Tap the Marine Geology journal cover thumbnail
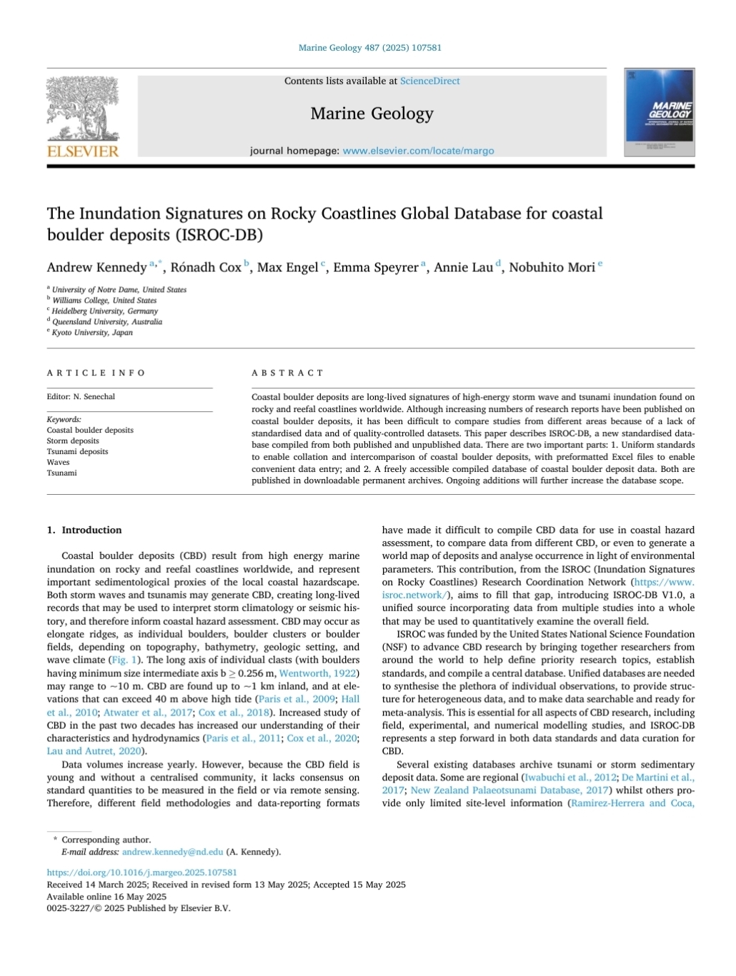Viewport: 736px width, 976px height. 659,113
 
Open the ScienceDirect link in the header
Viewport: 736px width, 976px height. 429,81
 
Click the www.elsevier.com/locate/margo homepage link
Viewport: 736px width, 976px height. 418,151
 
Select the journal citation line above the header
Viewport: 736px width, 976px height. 369,48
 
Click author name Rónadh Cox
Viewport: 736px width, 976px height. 206,268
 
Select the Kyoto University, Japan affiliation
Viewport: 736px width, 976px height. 92,333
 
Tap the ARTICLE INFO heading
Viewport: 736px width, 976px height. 96,373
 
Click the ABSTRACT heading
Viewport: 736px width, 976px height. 287,373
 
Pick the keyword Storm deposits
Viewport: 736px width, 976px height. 73,441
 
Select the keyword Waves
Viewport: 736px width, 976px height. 58,463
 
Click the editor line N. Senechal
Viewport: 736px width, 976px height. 81,397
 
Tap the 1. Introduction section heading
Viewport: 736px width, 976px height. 84,530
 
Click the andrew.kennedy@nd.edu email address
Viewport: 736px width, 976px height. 172,852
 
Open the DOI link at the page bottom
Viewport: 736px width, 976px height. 141,872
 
